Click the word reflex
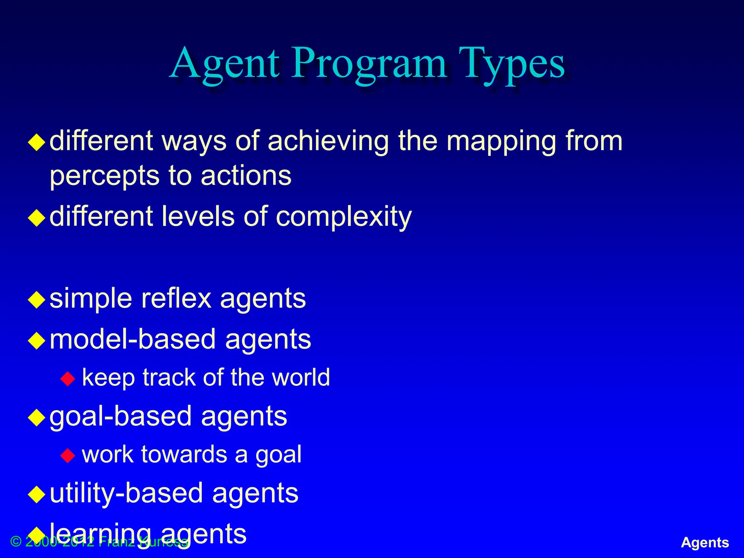(x=176, y=299)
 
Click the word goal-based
(x=120, y=417)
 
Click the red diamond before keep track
(x=68, y=379)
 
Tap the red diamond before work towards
(x=68, y=455)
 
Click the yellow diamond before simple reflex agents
(x=37, y=300)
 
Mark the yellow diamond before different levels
(x=37, y=218)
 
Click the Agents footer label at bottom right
(x=705, y=542)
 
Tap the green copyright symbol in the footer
(x=16, y=542)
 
